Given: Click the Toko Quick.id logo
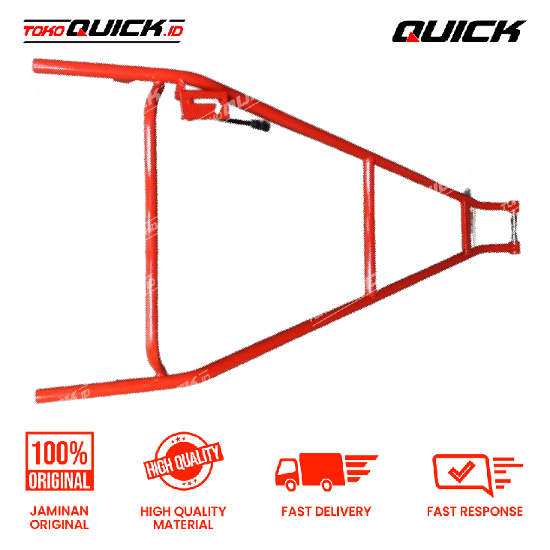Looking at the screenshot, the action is click(x=104, y=31).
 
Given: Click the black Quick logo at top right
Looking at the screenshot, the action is click(x=458, y=31).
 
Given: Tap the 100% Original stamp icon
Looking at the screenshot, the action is click(x=59, y=461).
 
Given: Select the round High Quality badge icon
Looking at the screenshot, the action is click(x=183, y=461).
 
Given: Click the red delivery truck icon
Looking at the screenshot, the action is click(x=326, y=472).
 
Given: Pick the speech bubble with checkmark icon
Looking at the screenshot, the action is click(x=477, y=474).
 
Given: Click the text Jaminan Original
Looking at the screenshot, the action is click(x=59, y=518).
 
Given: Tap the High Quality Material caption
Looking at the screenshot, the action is click(x=183, y=518).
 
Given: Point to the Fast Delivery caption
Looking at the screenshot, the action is click(x=326, y=512).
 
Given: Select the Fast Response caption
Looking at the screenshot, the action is click(x=475, y=512).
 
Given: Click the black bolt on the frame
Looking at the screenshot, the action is click(x=250, y=124).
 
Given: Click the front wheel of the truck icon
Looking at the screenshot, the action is click(x=291, y=485).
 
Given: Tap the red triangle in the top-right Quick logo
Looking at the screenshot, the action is click(x=412, y=38).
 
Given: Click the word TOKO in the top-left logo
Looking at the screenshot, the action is click(x=44, y=32).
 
